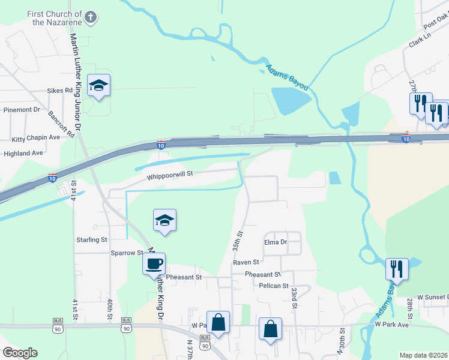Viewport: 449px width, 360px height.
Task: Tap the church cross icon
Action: (91, 17)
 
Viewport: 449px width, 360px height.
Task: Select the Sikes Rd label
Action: (60, 91)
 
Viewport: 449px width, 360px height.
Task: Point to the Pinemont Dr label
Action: (22, 110)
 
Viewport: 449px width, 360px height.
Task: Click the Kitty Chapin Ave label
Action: (36, 137)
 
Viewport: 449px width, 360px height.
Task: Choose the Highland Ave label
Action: (23, 153)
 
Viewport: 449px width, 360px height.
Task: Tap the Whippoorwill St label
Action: (169, 175)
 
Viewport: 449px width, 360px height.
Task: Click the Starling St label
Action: (91, 239)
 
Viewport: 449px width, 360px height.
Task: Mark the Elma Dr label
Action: (276, 242)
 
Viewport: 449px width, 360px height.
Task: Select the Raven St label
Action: (246, 262)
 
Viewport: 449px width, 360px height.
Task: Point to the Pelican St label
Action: (267, 286)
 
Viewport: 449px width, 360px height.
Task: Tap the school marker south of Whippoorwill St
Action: (164, 220)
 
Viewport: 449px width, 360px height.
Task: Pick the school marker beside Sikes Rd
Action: (98, 86)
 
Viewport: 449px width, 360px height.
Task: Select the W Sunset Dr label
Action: (433, 297)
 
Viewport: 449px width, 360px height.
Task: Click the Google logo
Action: (20, 352)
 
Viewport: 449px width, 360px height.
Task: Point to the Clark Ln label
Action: (420, 41)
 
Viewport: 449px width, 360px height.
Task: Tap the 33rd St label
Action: (295, 298)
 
